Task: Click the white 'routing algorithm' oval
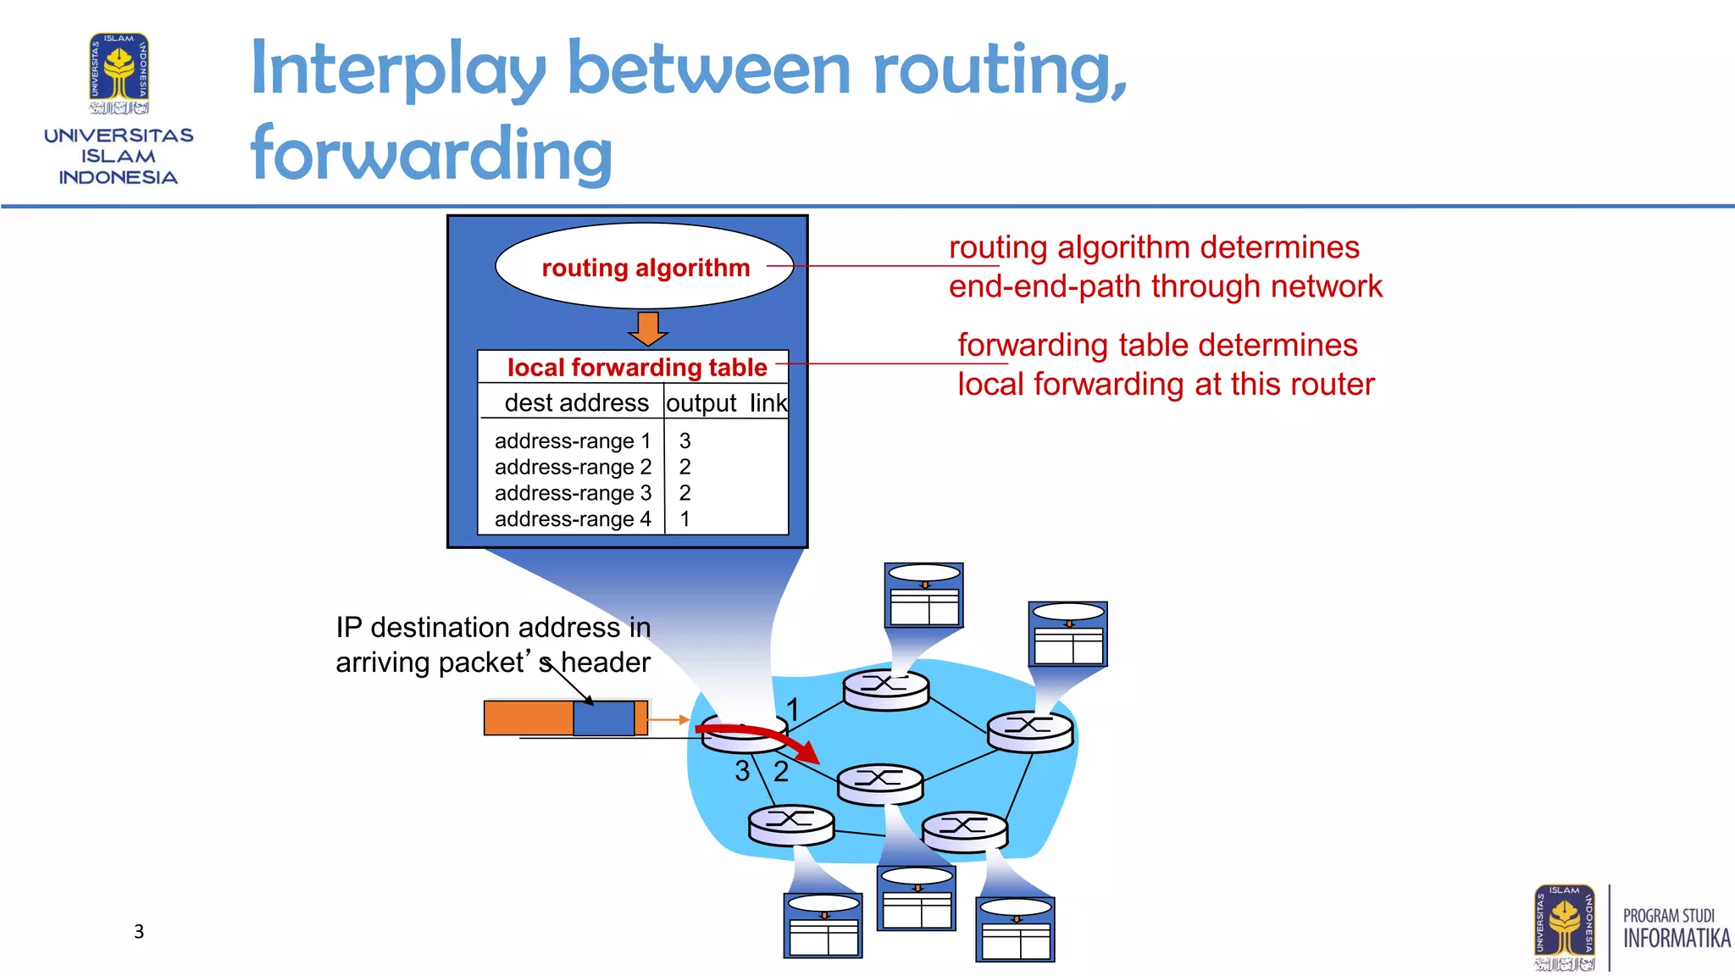click(644, 266)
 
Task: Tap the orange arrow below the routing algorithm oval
click(649, 329)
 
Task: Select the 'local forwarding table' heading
click(636, 368)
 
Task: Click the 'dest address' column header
click(576, 402)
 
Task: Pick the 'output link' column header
click(726, 402)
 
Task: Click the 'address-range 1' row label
click(573, 441)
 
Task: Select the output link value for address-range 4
click(685, 518)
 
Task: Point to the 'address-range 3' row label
click(573, 493)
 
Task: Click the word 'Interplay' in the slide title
click(398, 69)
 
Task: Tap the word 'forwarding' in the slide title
click(431, 153)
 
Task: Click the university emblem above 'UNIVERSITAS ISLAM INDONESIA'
click(119, 74)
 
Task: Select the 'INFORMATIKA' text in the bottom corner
click(1676, 939)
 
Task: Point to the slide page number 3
click(139, 932)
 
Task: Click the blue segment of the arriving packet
click(603, 718)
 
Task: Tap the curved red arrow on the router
click(762, 736)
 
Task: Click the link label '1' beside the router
click(792, 708)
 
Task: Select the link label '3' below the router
click(742, 771)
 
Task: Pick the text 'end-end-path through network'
click(1165, 286)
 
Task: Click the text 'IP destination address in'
click(493, 627)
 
